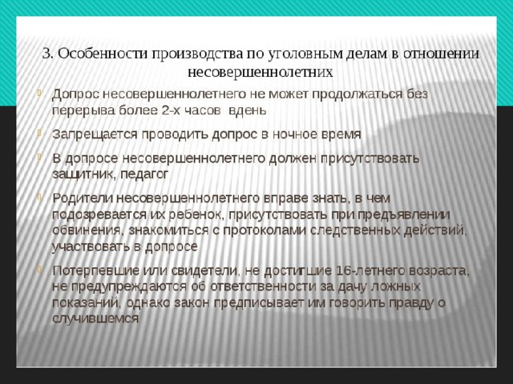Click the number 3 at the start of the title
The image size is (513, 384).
(46, 54)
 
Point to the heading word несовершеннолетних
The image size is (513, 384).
(261, 71)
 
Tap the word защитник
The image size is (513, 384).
(83, 174)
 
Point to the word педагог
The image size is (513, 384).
(144, 174)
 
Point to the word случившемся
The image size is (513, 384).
(95, 318)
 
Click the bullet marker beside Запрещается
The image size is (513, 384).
(39, 133)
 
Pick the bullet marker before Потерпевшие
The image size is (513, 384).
(39, 269)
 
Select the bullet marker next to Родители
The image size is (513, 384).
(39, 197)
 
